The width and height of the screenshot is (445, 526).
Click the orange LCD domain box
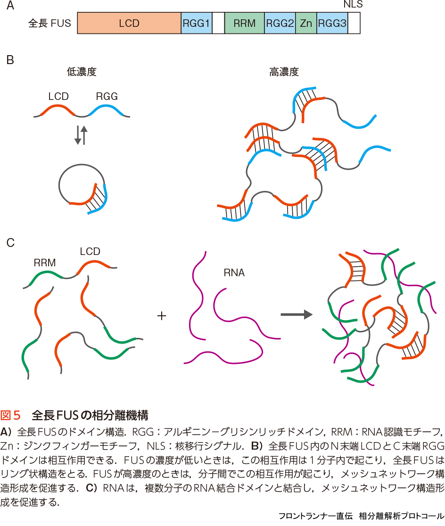[129, 23]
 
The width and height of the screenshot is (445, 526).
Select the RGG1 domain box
[196, 23]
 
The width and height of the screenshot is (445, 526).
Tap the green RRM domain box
[244, 23]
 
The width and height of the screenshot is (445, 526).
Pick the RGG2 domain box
[280, 23]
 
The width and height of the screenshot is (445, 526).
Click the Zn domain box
[306, 23]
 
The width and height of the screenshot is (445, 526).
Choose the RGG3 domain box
[332, 23]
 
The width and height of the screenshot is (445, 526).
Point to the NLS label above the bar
[353, 5]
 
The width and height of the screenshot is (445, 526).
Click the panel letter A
[10, 6]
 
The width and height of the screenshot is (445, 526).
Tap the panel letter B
[10, 60]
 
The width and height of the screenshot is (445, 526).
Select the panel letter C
[10, 243]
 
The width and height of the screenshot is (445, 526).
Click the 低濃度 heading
[82, 72]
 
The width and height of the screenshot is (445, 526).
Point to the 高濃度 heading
[284, 72]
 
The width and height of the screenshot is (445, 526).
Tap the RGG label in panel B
[107, 97]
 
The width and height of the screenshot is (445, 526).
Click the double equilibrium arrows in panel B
[81, 135]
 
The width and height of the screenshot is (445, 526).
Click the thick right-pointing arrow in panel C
[297, 314]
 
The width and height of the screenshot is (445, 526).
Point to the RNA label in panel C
[234, 272]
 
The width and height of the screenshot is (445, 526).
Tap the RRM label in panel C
[45, 263]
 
